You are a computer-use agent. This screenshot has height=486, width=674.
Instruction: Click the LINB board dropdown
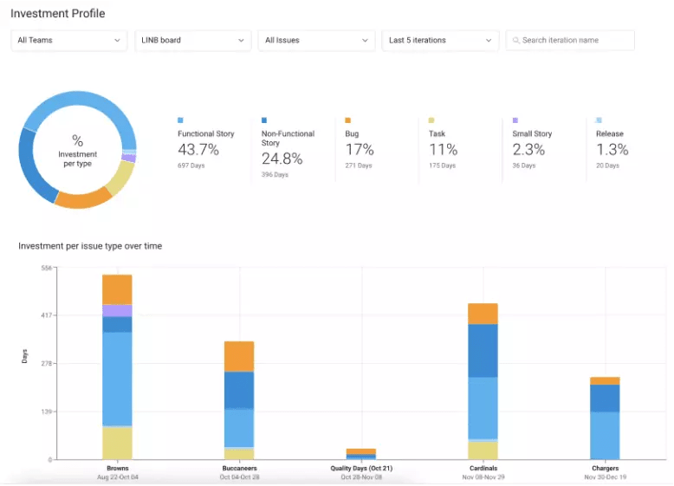(193, 40)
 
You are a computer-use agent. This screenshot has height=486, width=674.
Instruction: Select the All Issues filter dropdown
(316, 40)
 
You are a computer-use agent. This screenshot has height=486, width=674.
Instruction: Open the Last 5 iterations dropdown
(440, 40)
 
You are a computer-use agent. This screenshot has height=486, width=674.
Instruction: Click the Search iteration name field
(570, 40)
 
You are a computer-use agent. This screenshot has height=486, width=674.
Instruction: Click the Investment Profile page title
(57, 14)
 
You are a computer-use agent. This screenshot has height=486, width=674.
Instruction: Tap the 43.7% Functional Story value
(198, 150)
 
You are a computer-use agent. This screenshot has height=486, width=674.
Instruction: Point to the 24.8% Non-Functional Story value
(282, 159)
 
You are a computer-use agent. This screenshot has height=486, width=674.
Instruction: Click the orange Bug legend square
(347, 120)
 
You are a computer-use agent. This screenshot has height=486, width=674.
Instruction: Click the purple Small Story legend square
(515, 120)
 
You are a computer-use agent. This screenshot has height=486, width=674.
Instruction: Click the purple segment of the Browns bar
(117, 310)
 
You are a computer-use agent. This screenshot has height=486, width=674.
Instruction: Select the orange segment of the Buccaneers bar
(239, 356)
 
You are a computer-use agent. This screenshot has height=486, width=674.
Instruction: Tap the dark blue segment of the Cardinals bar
(483, 350)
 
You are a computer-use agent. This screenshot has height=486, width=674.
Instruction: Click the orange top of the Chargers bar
(605, 380)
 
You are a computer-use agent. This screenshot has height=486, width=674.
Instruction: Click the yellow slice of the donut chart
(120, 178)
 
